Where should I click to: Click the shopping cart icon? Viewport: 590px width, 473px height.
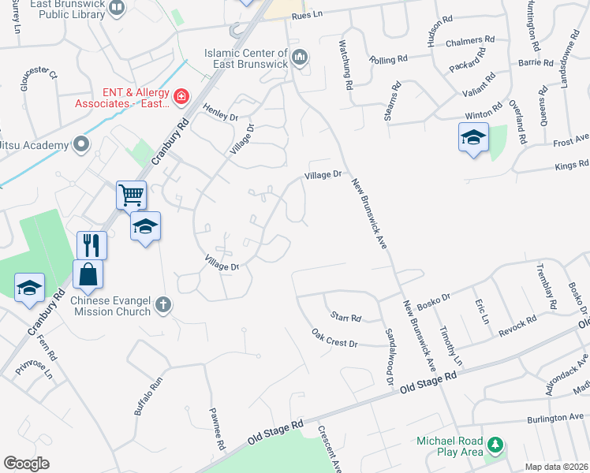(x=131, y=194)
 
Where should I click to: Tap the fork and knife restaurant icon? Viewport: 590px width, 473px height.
(x=91, y=244)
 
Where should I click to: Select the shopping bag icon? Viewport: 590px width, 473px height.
(x=88, y=274)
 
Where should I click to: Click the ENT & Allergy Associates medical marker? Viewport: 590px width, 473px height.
(x=181, y=97)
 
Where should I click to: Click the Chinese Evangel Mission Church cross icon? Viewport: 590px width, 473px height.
(x=163, y=304)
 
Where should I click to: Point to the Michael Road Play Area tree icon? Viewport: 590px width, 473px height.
(x=495, y=445)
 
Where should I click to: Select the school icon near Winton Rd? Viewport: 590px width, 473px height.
(x=473, y=138)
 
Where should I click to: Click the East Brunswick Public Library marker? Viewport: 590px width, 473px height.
(x=118, y=9)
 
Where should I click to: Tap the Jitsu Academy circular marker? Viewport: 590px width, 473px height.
(x=80, y=143)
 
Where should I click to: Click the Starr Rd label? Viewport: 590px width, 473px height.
(x=345, y=318)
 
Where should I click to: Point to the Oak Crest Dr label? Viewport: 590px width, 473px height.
(x=334, y=339)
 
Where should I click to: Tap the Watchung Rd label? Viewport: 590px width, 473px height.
(x=344, y=60)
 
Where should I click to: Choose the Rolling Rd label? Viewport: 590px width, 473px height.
(x=390, y=59)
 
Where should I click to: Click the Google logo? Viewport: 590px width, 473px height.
(x=26, y=464)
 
